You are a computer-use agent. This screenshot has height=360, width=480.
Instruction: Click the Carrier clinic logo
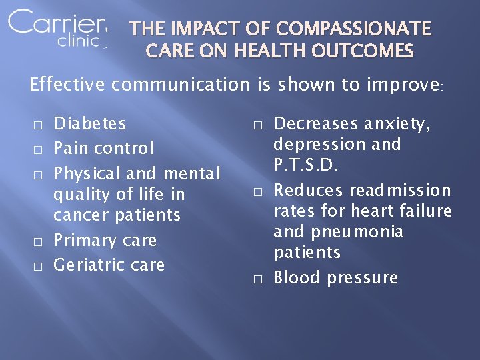click(57, 29)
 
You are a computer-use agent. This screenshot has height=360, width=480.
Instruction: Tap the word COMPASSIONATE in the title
click(354, 29)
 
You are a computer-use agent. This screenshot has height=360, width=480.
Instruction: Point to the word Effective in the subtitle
click(67, 85)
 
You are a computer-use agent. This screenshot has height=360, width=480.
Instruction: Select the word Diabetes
click(89, 123)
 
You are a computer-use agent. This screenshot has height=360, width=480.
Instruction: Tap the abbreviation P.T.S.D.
click(307, 165)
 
